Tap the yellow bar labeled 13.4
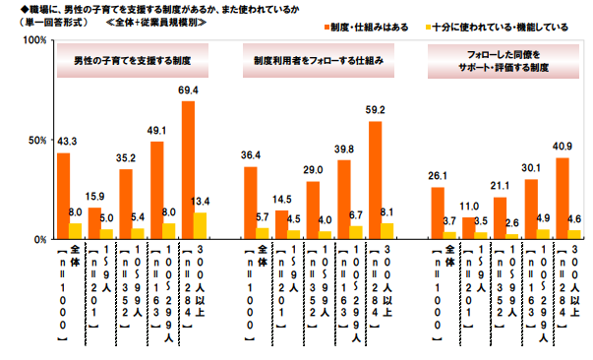[x=200, y=225]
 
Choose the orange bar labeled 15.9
[x=94, y=223]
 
